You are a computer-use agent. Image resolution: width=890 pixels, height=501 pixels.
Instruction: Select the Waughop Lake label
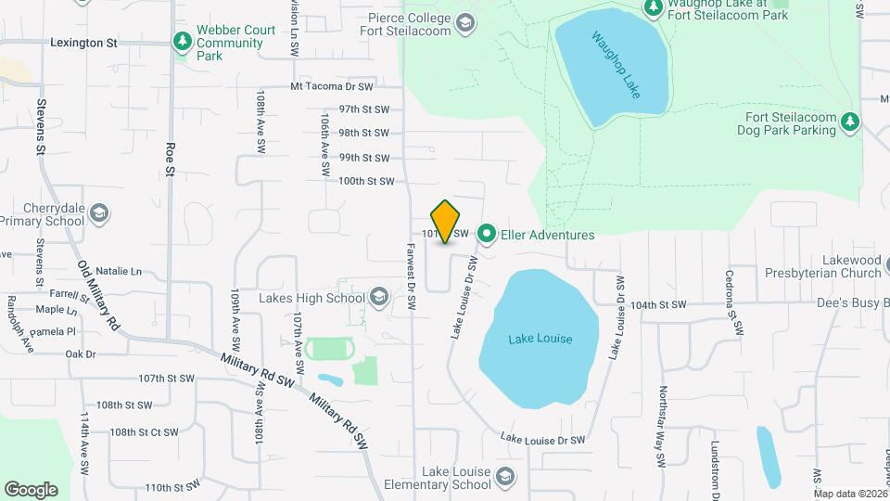[x=617, y=66]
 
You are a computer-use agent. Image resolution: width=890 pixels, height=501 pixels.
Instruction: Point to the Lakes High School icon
[x=377, y=297]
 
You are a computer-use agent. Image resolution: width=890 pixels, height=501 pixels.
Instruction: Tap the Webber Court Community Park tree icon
[x=182, y=42]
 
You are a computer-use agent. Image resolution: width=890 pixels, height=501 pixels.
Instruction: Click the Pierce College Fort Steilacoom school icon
[x=465, y=23]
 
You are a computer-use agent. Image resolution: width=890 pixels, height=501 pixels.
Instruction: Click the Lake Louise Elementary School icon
[x=505, y=477]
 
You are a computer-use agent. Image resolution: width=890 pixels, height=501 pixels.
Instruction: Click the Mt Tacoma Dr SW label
[x=331, y=86]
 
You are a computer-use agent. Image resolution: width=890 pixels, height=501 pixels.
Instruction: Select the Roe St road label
[x=170, y=159]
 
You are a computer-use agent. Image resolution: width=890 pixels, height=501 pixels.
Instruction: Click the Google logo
[x=31, y=490]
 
